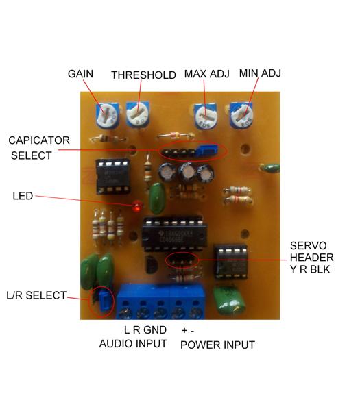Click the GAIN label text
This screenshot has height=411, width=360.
[x=80, y=74]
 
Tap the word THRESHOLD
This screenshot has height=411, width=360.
[x=143, y=75]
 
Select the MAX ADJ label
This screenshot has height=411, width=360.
[x=207, y=74]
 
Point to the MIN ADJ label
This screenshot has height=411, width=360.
[x=260, y=73]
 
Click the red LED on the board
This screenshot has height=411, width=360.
[x=136, y=206]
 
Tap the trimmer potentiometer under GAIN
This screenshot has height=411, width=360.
[x=108, y=115]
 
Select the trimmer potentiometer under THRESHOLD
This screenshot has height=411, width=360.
[x=138, y=114]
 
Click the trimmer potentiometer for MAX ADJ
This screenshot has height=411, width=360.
[x=206, y=115]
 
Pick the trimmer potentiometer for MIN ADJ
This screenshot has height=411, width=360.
[x=241, y=115]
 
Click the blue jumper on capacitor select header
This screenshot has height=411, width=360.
[x=208, y=149]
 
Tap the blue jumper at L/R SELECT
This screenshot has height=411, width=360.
[x=104, y=301]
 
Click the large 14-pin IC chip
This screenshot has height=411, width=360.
[x=174, y=234]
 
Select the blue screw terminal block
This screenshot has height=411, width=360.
[x=160, y=301]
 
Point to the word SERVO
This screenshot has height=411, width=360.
[x=309, y=246]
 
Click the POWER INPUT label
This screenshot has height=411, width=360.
[x=217, y=345]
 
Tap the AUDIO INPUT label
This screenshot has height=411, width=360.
[x=133, y=344]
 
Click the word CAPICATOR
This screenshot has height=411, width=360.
[x=39, y=140]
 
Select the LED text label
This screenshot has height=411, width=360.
[x=23, y=196]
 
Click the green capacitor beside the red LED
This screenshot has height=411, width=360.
[x=156, y=199]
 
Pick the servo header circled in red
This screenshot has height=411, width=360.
[x=182, y=260]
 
